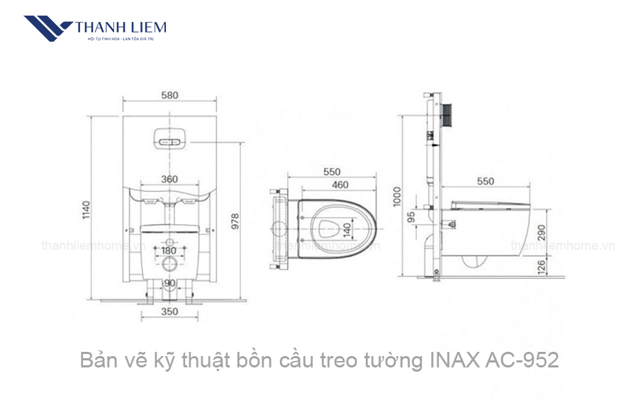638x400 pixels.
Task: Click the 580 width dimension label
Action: (x=169, y=95)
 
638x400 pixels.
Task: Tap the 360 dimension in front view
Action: (x=169, y=179)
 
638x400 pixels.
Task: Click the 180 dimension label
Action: (x=169, y=251)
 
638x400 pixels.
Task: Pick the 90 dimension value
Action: (x=169, y=283)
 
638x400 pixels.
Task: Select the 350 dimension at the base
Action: (x=169, y=311)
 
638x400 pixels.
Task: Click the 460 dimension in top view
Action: (x=340, y=185)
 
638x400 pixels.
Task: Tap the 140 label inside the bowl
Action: (x=347, y=230)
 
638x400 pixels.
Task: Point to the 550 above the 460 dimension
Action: (x=331, y=171)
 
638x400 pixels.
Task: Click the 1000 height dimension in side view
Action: (x=398, y=195)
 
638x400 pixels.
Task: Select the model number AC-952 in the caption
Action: (x=522, y=360)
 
